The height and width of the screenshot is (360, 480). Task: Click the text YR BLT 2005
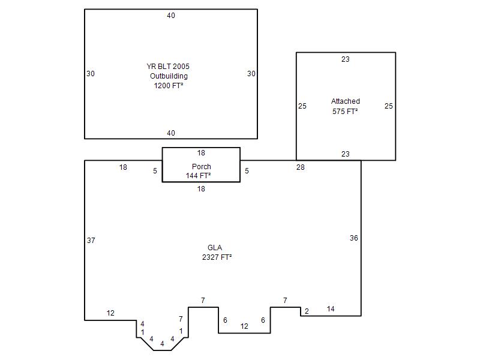point(168,67)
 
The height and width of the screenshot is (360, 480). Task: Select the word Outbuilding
point(169,76)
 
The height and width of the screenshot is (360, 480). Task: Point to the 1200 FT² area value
point(169,85)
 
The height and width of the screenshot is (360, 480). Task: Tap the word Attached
point(346,101)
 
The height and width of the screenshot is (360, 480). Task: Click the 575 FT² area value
point(345,112)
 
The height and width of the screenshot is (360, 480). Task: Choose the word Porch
point(202,167)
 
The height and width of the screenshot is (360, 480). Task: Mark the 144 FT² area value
point(198,175)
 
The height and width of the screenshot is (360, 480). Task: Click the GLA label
point(215,247)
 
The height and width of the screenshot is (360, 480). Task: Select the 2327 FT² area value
point(217,257)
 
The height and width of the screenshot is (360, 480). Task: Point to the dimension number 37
point(91,241)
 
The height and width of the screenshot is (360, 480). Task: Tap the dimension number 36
point(354,238)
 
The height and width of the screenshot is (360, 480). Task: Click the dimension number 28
point(301,167)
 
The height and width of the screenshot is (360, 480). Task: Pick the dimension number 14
point(331,309)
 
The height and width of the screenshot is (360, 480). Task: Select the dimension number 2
point(307,311)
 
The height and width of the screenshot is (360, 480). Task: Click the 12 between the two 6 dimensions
point(244,326)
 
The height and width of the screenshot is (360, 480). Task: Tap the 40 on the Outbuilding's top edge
point(171,16)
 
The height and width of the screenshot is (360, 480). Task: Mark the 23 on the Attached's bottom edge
point(346,154)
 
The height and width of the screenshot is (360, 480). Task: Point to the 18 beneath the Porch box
point(201,189)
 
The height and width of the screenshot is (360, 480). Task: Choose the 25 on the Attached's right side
point(389,106)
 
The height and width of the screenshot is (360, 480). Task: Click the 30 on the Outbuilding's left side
point(91,73)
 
